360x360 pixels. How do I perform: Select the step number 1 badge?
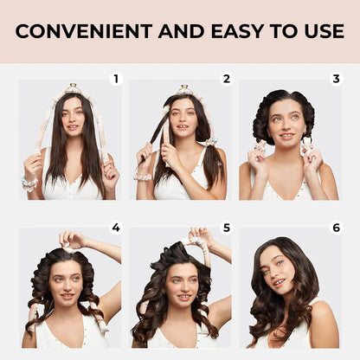116,79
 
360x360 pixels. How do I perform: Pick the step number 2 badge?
227,79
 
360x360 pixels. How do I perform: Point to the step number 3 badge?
337,79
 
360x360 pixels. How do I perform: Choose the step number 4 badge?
116,228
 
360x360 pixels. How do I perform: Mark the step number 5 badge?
227,228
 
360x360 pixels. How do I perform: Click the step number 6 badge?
337,228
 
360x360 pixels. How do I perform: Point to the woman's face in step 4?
67,281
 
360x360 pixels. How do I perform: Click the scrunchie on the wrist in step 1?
30,183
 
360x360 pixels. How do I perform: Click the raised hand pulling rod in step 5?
201,236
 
